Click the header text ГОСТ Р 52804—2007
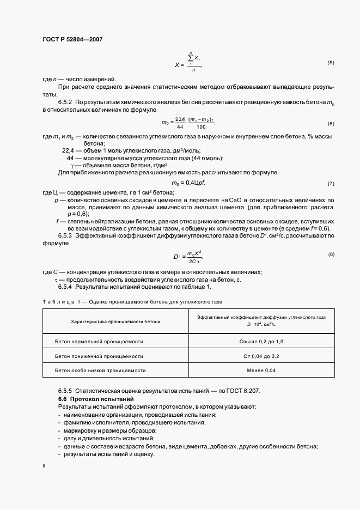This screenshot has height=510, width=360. tap(72, 40)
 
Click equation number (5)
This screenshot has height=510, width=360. tap(331, 63)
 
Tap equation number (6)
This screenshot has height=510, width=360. tap(331, 123)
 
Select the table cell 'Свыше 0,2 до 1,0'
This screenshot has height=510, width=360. tap(261, 341)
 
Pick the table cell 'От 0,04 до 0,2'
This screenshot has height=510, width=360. tap(261, 356)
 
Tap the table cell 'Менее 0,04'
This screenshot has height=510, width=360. tap(261, 371)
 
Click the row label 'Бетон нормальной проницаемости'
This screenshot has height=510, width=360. tap(99, 341)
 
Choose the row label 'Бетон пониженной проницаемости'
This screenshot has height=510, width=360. tap(99, 356)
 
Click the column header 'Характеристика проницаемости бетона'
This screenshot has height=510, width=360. tap(115, 321)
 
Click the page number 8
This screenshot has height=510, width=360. tap(44, 466)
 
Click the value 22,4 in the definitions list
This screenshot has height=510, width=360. tap(69, 150)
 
